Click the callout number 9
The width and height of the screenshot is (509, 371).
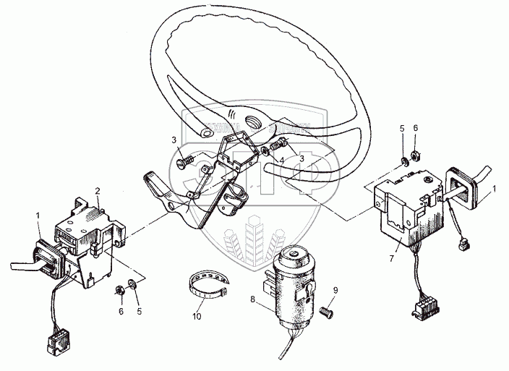click(335, 291)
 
